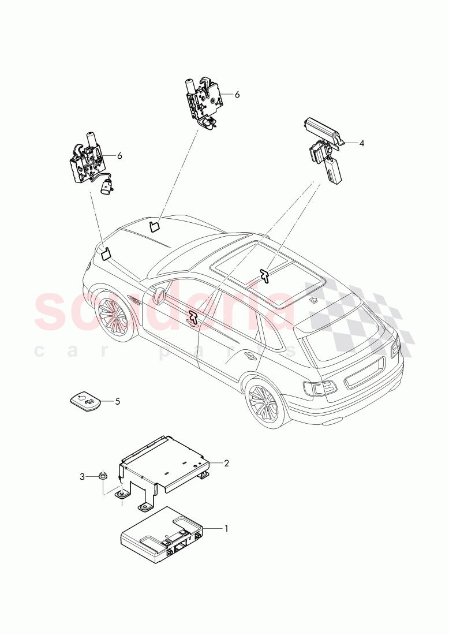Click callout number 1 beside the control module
tap(227, 528)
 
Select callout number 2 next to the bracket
tap(227, 463)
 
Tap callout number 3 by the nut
tap(82, 476)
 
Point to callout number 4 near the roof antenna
tap(362, 143)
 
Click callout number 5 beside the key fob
tap(118, 401)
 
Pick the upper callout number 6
tap(237, 94)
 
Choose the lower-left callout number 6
tap(119, 156)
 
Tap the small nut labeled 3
tap(103, 476)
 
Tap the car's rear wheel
tap(265, 404)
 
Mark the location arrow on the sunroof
tap(265, 275)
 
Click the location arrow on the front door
tap(192, 316)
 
